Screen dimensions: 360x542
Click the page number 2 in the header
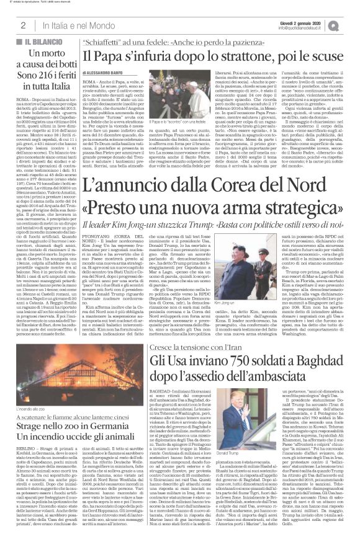pos(22,25)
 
